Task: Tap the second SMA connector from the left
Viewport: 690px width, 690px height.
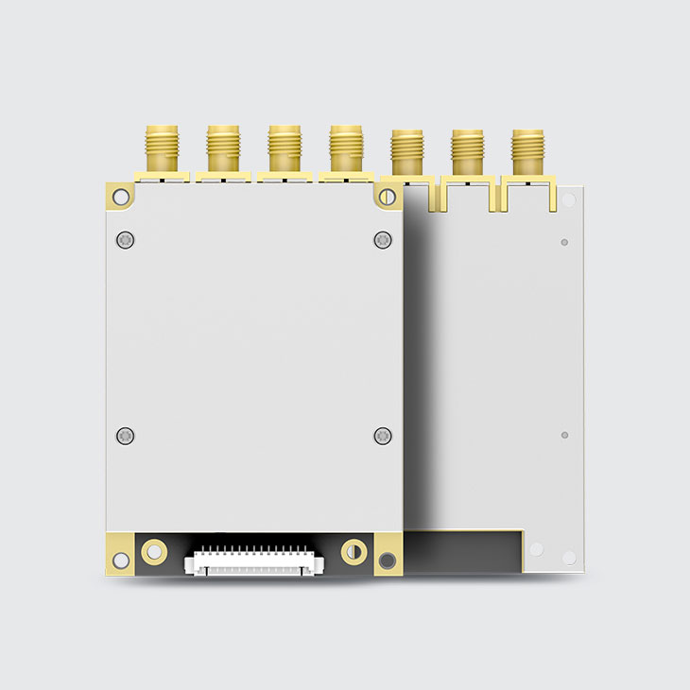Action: (x=223, y=149)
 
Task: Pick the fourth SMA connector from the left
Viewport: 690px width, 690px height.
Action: (x=345, y=149)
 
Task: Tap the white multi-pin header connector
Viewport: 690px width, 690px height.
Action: (x=253, y=561)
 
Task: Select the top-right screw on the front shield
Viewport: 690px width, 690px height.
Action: (x=382, y=239)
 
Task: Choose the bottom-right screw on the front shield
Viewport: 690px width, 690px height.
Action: (x=382, y=436)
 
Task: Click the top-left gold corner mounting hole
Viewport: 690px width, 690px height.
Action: (x=120, y=197)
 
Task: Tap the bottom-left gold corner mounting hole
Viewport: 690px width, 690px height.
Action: (x=120, y=560)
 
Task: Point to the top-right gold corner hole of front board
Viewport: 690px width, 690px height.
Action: (x=388, y=196)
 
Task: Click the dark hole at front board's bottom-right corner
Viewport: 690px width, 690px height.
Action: (x=388, y=561)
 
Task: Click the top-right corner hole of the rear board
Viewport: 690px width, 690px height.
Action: (x=568, y=200)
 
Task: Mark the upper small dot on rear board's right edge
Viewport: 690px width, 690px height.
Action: (x=564, y=242)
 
